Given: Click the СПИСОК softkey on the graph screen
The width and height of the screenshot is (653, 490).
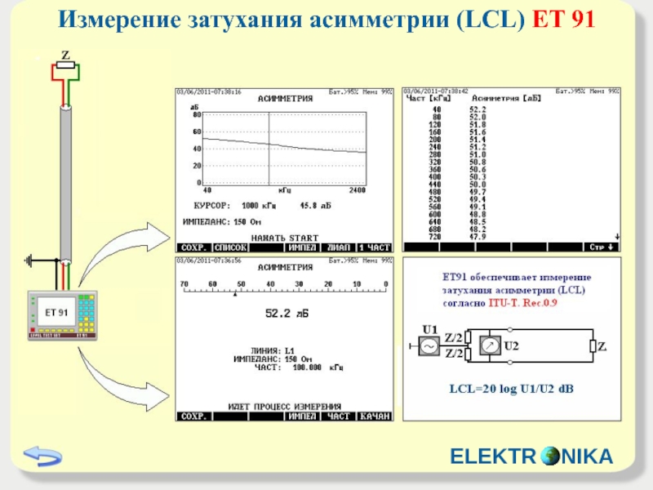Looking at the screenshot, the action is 230,247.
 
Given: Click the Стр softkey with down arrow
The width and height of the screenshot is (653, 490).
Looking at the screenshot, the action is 603,247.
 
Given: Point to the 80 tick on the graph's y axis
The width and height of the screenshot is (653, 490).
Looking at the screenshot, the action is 197,116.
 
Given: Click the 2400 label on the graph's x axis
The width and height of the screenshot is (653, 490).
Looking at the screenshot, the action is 357,189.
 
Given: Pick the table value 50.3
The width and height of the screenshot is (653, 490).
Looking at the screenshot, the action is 478,176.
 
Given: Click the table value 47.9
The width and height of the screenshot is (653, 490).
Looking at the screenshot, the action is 478,237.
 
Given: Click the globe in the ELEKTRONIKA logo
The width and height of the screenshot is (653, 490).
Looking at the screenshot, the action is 552,456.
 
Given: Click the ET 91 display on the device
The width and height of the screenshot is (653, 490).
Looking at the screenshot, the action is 60,313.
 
